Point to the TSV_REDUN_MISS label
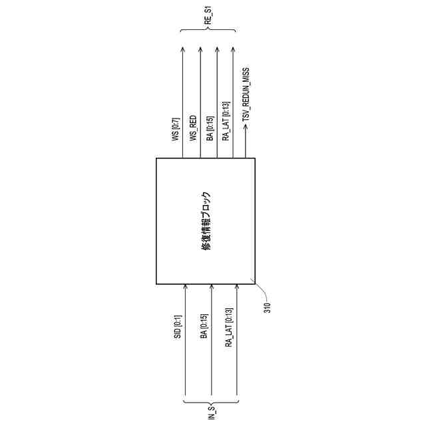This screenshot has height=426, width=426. click(246, 94)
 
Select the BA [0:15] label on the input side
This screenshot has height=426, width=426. click(204, 327)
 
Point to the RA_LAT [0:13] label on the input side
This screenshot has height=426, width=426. click(228, 329)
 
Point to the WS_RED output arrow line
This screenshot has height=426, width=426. click(200, 100)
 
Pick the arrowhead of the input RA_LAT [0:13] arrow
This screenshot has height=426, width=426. click(236, 287)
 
